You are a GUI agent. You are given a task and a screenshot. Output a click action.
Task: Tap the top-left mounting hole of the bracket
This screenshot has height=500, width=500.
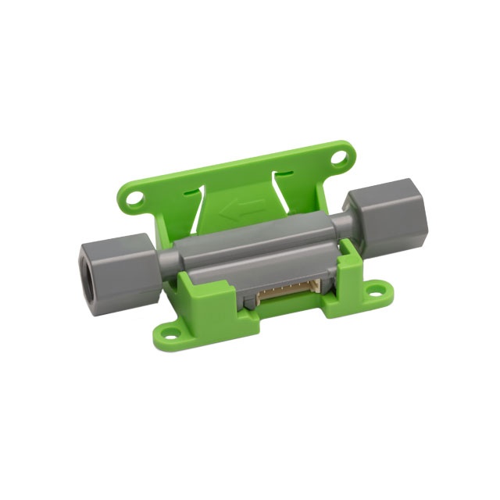136,199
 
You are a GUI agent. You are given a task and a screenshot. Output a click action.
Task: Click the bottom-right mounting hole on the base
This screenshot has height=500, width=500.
382,296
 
